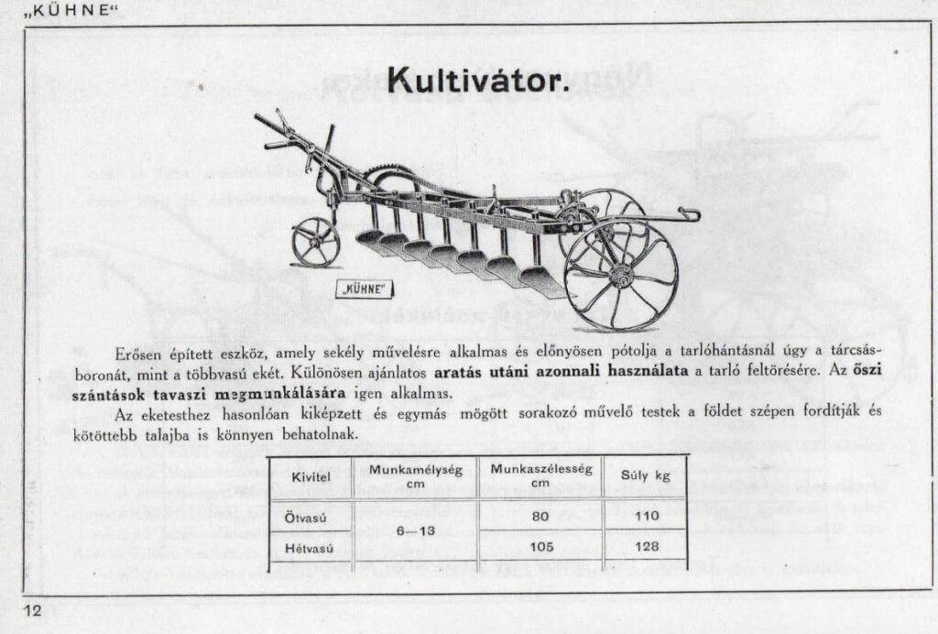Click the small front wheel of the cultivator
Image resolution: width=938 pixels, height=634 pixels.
coord(315,242)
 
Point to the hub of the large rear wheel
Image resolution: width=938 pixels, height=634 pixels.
coord(622,272)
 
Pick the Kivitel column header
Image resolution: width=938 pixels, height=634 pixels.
coord(311,477)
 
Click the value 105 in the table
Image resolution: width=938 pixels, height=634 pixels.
coord(540,548)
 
